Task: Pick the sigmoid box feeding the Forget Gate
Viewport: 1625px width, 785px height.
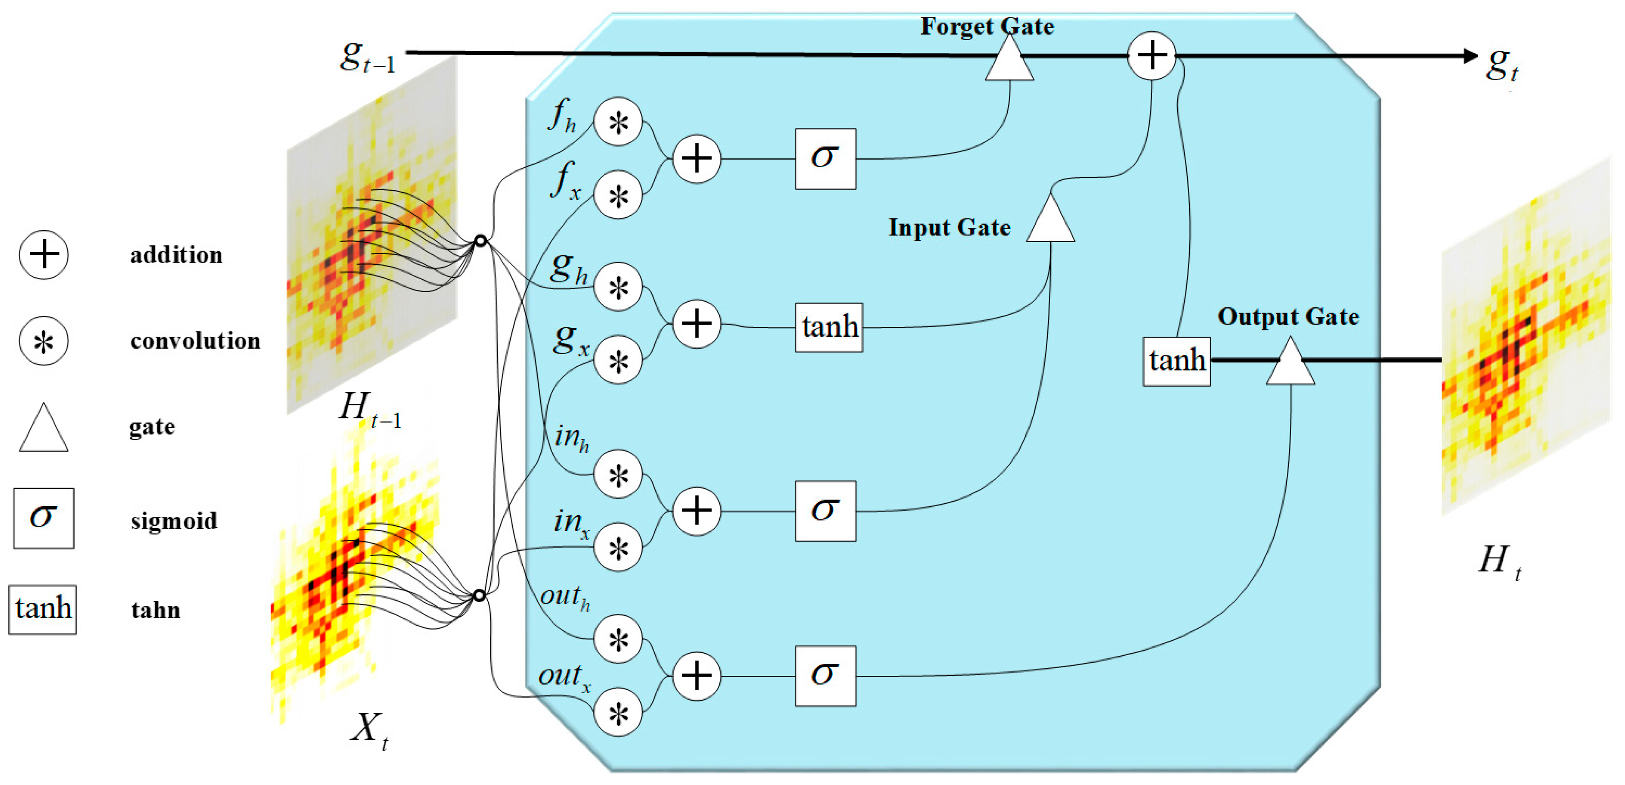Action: pos(825,158)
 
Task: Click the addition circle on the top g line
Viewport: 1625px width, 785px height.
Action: pos(1152,56)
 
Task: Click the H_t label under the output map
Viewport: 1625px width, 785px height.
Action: pos(1499,561)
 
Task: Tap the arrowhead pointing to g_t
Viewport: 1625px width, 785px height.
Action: pos(1470,56)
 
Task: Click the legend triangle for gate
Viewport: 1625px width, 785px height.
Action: pos(44,429)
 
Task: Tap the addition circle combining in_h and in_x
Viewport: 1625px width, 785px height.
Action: pos(697,511)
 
